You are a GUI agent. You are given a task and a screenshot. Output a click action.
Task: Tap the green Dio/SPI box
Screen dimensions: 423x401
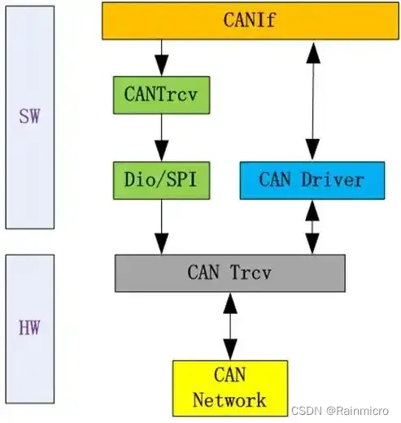point(161,180)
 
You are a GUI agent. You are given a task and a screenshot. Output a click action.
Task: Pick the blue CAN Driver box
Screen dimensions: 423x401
point(312,180)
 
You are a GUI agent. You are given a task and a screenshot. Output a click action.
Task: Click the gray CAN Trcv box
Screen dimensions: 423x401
point(230,273)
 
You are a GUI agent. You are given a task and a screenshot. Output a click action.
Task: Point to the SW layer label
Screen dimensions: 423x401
point(29,116)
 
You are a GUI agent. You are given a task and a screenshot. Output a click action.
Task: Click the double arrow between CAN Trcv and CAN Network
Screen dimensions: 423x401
point(230,325)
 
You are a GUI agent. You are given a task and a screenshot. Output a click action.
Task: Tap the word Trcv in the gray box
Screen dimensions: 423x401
point(253,273)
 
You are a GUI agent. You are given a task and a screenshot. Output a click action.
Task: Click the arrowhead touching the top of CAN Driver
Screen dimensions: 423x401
point(312,151)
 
